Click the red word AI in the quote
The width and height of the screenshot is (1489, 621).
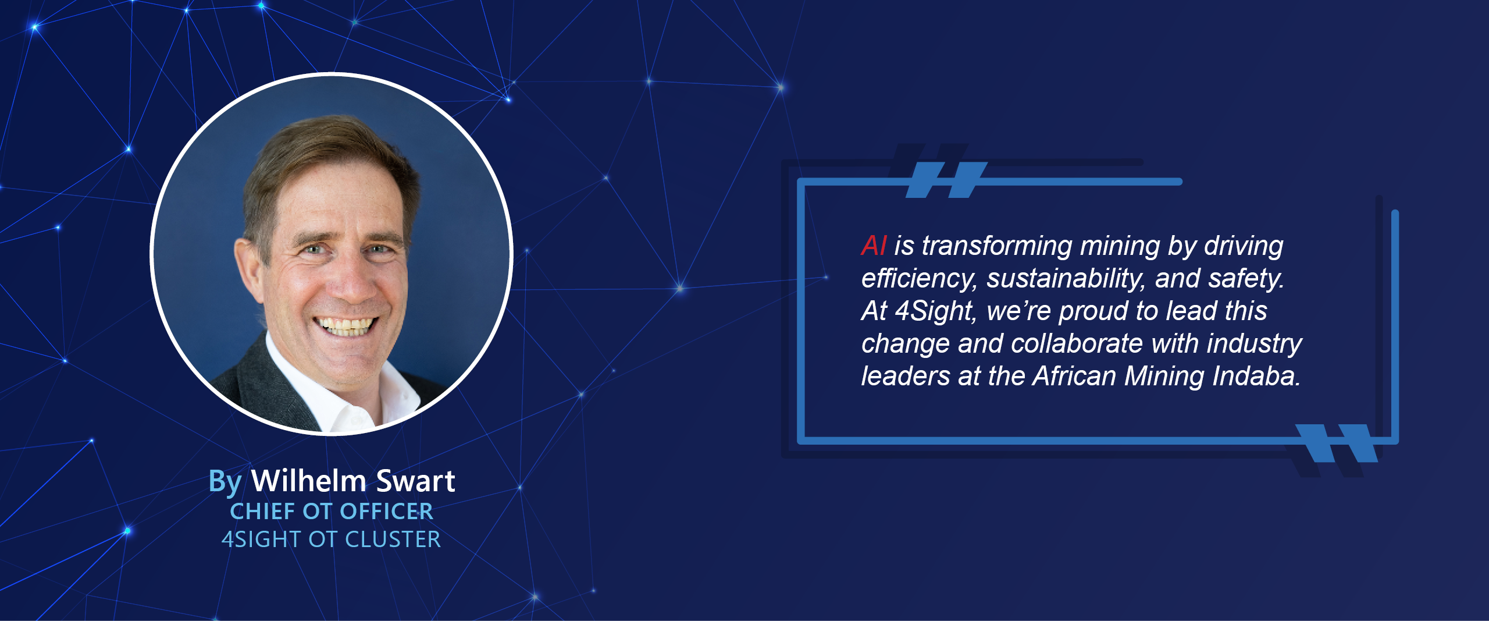874,246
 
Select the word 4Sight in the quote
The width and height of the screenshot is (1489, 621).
934,311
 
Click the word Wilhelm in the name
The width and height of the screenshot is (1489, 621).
309,481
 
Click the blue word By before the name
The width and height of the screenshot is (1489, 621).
225,482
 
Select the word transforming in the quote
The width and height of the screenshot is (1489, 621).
997,246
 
